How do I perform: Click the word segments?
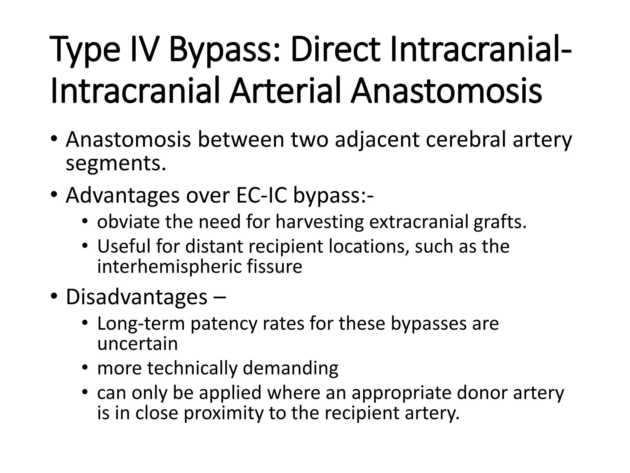click(x=116, y=164)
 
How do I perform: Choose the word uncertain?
click(x=138, y=344)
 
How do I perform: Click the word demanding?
click(x=290, y=368)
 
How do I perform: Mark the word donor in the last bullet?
click(x=482, y=393)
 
